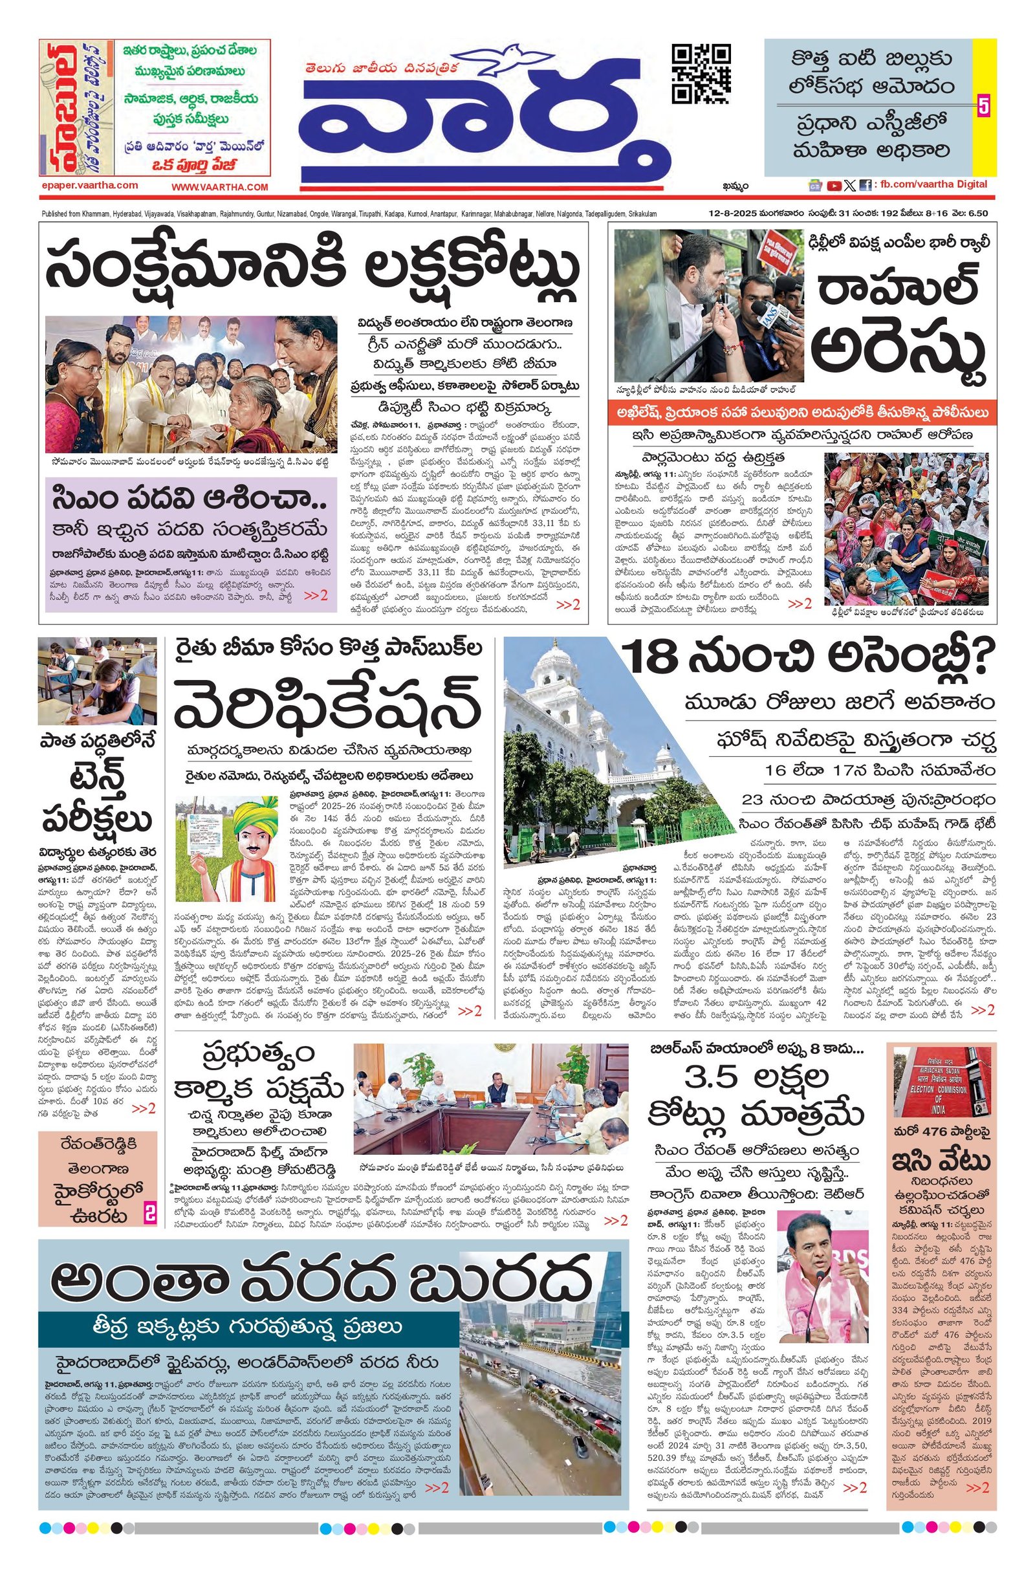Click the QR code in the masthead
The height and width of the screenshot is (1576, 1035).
tap(701, 74)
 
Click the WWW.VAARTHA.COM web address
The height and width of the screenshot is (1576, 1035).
tap(220, 188)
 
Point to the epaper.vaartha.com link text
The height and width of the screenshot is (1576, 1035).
tap(89, 186)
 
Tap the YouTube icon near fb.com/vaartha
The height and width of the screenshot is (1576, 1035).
tap(834, 186)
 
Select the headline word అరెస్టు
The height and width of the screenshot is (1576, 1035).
tap(899, 355)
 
